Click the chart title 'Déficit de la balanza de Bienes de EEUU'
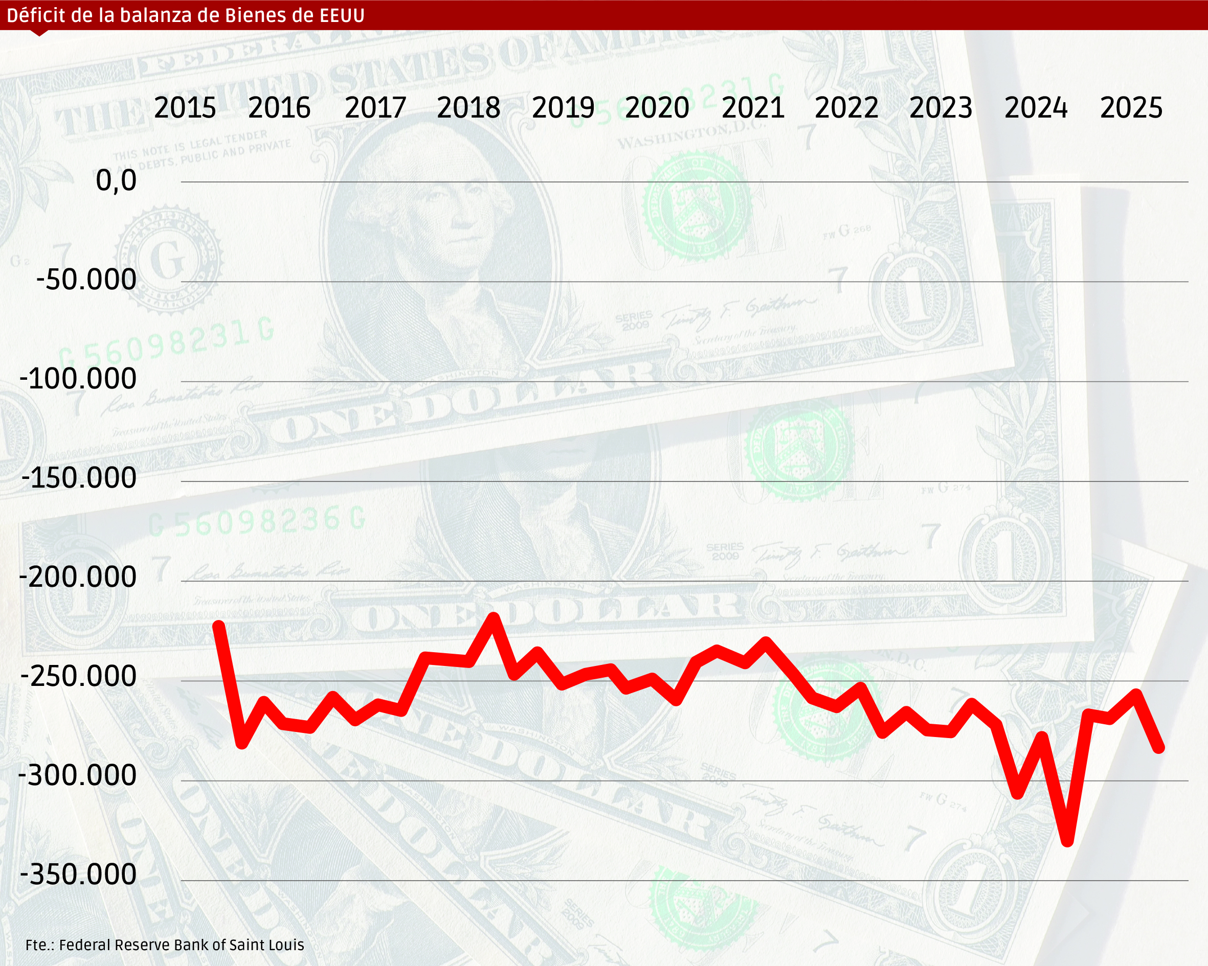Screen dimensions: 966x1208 coord(186,15)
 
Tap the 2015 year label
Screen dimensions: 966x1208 coord(185,107)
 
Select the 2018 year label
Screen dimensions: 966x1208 coord(468,107)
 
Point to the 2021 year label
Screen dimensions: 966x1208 coord(753,107)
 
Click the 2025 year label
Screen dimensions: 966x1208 coord(1131,107)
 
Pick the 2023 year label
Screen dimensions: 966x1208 coord(941,107)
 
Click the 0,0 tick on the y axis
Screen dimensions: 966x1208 coord(116,180)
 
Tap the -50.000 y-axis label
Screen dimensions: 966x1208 coord(86,280)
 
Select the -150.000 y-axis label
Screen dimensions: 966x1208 coord(79,478)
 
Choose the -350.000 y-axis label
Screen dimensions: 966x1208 coord(78,874)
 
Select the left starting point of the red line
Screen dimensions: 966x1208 coord(219,625)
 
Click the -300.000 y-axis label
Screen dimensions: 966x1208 coord(78,775)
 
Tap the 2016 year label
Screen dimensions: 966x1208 coord(279,107)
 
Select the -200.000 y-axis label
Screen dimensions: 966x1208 coord(78,577)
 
